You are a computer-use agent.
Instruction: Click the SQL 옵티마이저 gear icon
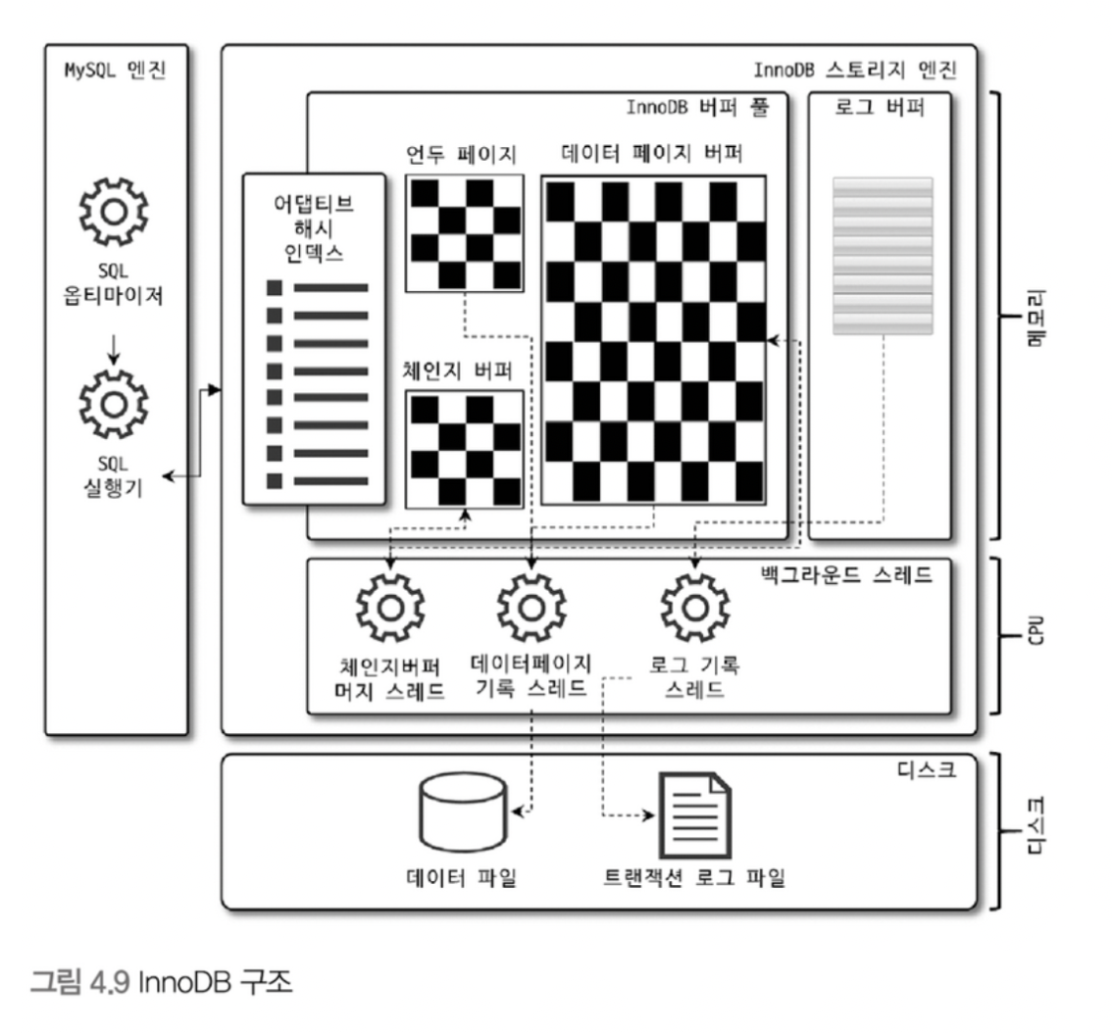[x=113, y=209]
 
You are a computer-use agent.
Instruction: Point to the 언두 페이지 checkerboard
[x=465, y=233]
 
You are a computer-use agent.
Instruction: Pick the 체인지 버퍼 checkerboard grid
[x=465, y=450]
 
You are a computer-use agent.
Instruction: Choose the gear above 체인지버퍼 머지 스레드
[x=389, y=608]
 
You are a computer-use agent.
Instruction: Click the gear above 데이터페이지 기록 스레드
[x=531, y=608]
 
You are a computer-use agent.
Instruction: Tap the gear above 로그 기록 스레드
[x=694, y=608]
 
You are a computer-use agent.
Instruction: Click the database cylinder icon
[x=463, y=812]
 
